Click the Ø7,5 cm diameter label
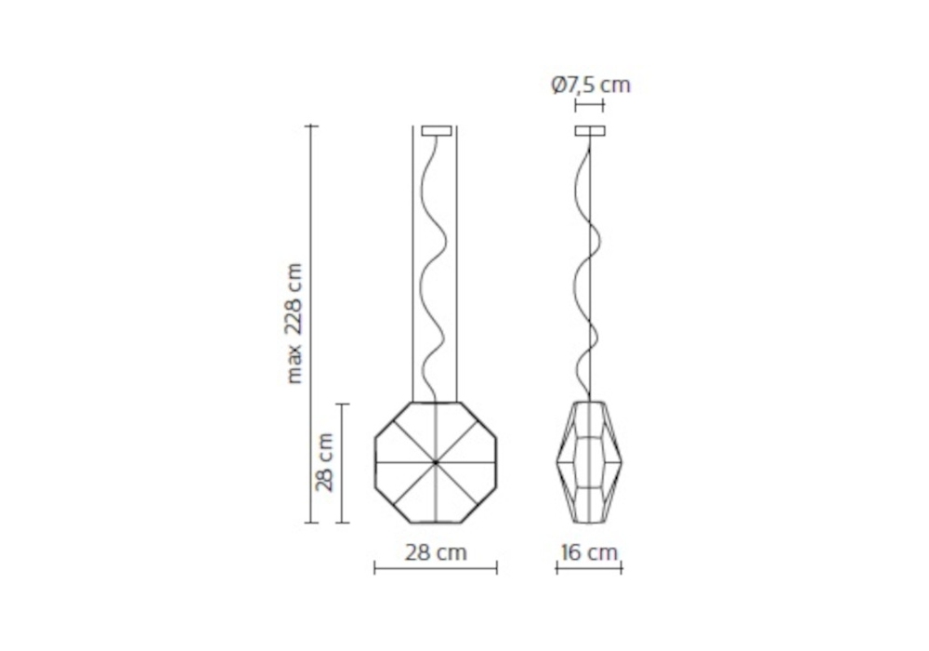(591, 86)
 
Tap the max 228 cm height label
(294, 323)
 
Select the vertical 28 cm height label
(324, 462)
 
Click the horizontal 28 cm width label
(436, 552)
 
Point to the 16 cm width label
(589, 552)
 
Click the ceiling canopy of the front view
(437, 130)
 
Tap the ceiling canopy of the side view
(590, 130)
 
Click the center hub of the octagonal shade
(436, 462)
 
